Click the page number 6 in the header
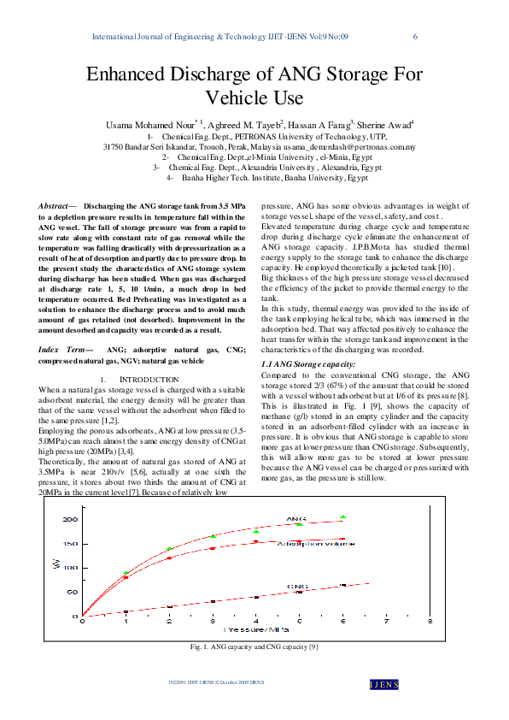[x=415, y=37]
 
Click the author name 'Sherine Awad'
[x=383, y=125]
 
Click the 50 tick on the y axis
[x=72, y=592]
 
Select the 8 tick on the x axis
[x=430, y=621]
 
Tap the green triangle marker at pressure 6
[x=342, y=517]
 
